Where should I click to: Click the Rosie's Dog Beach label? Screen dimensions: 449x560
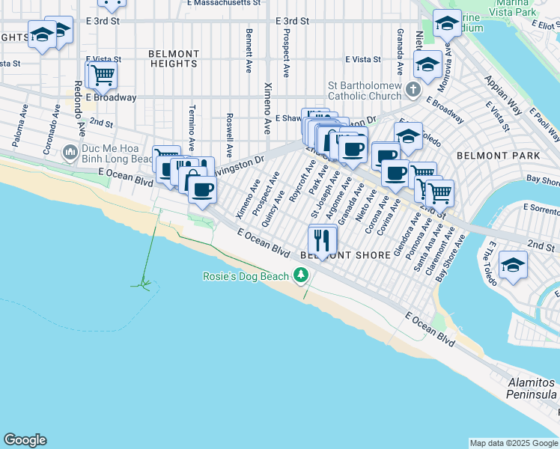pos(246,276)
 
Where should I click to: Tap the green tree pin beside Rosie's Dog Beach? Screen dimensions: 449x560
pos(301,276)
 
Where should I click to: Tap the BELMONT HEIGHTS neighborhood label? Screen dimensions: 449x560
pos(174,59)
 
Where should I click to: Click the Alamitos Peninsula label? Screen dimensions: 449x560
pos(532,388)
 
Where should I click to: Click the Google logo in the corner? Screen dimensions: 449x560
pos(25,440)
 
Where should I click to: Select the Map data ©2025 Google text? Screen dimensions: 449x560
pos(513,443)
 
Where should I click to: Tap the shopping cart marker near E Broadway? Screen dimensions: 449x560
pos(103,75)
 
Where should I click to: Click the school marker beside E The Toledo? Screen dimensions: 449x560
pos(513,266)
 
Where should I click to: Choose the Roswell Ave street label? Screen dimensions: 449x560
pos(229,130)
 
